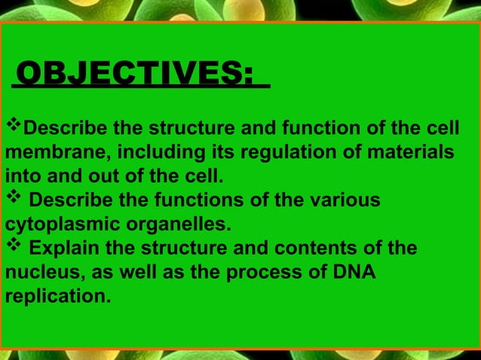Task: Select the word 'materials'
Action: tap(410, 152)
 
